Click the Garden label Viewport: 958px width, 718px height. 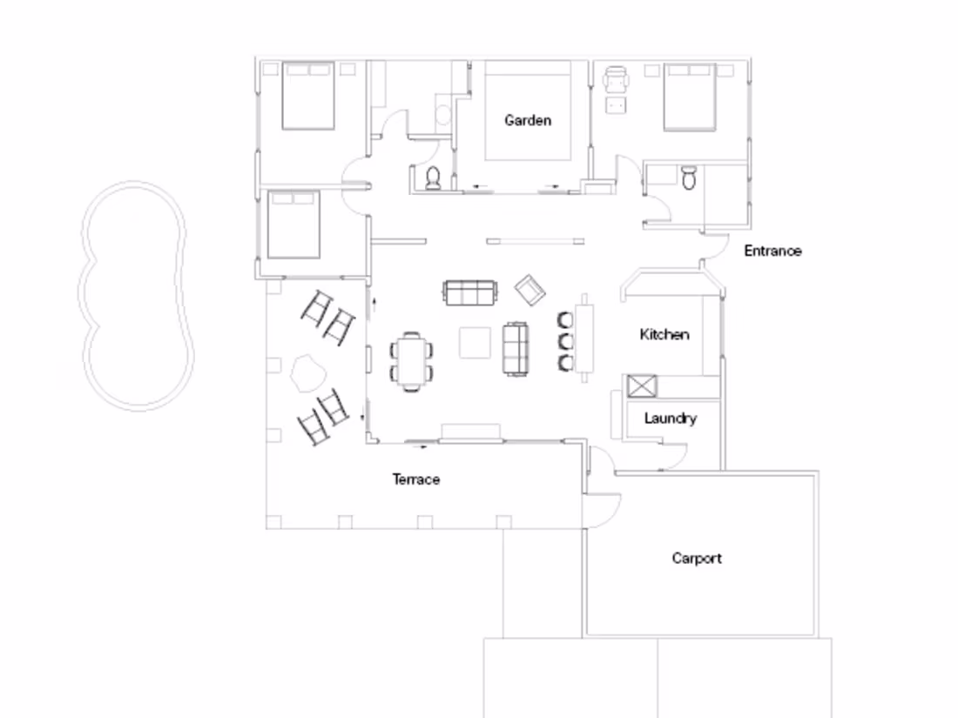point(528,120)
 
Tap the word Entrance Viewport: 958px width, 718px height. point(772,251)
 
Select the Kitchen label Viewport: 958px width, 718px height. point(665,334)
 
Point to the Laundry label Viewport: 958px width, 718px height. point(670,419)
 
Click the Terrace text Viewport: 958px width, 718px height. point(415,480)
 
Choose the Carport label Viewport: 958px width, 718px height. point(697,558)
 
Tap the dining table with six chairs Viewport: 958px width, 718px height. point(411,360)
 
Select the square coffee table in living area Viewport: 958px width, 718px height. point(475,342)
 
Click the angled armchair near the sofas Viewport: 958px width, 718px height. point(530,289)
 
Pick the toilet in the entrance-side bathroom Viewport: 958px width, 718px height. point(688,178)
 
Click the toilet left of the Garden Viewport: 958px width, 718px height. point(434,178)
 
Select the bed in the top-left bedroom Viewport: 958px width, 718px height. point(307,96)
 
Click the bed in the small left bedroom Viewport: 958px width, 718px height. point(293,225)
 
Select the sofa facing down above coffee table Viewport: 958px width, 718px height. point(470,293)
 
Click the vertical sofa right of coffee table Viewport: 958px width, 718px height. point(516,349)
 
